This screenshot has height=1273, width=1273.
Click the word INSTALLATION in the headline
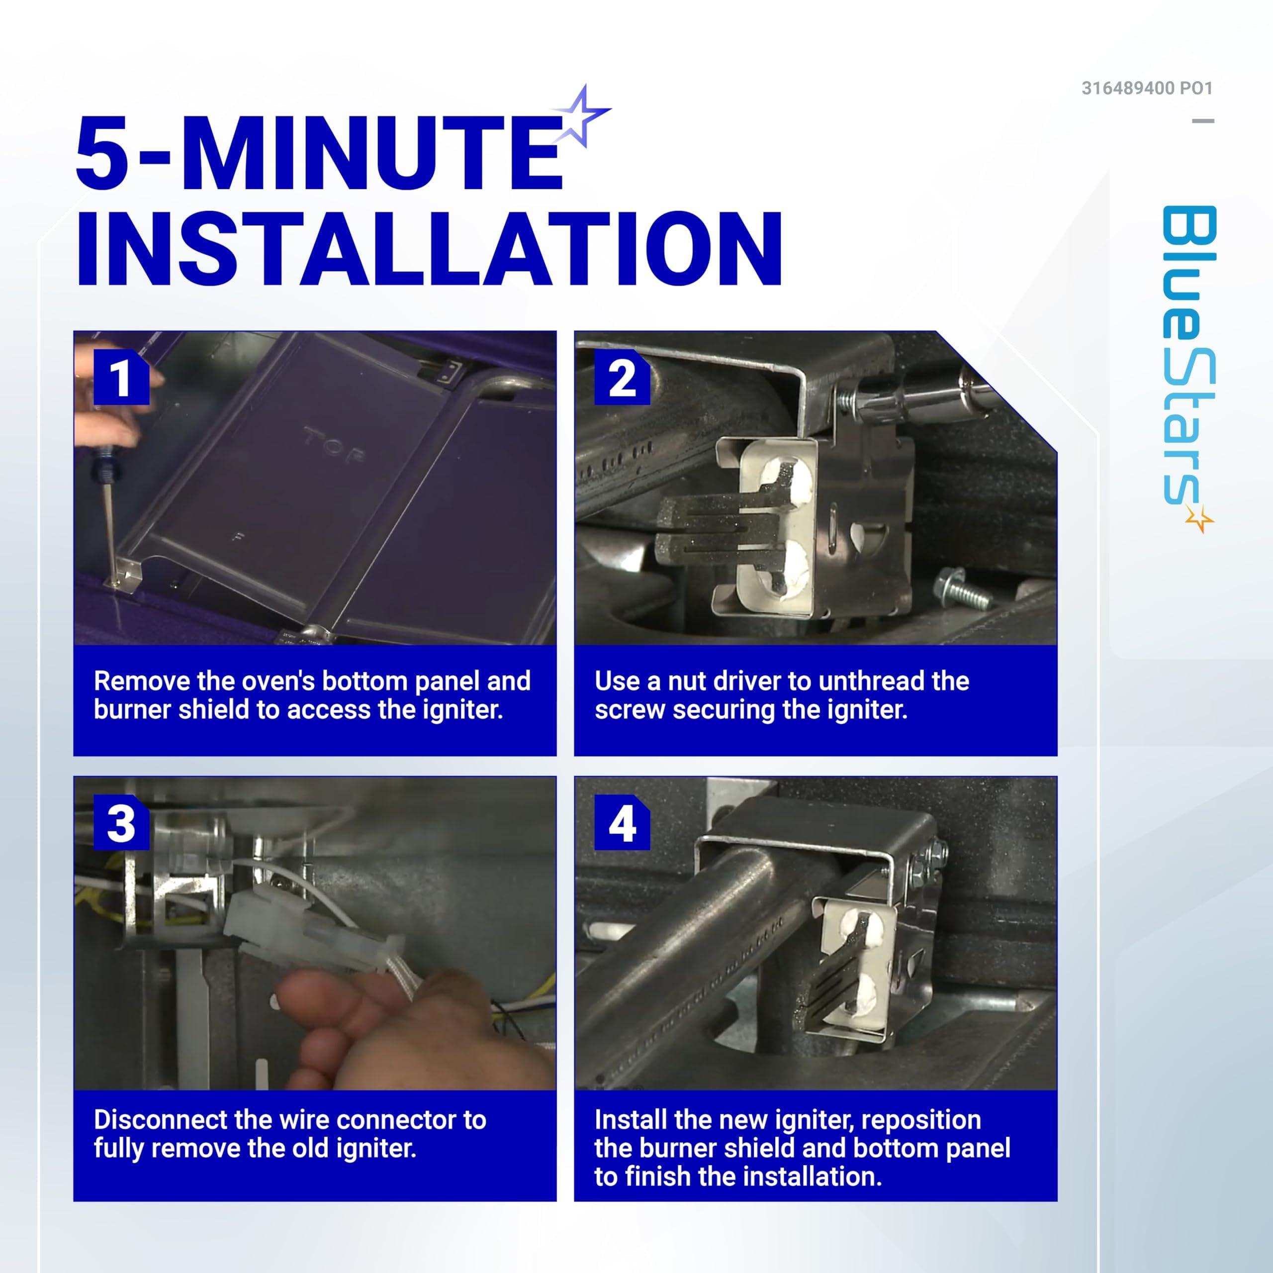(x=430, y=249)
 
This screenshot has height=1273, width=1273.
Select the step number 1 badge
(x=121, y=378)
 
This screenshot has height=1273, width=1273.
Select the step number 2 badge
(x=622, y=378)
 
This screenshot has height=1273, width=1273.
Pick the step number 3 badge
(x=121, y=823)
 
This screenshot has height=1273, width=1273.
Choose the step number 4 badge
(x=622, y=823)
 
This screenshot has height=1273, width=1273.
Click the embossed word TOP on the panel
(x=333, y=445)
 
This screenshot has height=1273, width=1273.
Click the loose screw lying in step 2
(x=963, y=588)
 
